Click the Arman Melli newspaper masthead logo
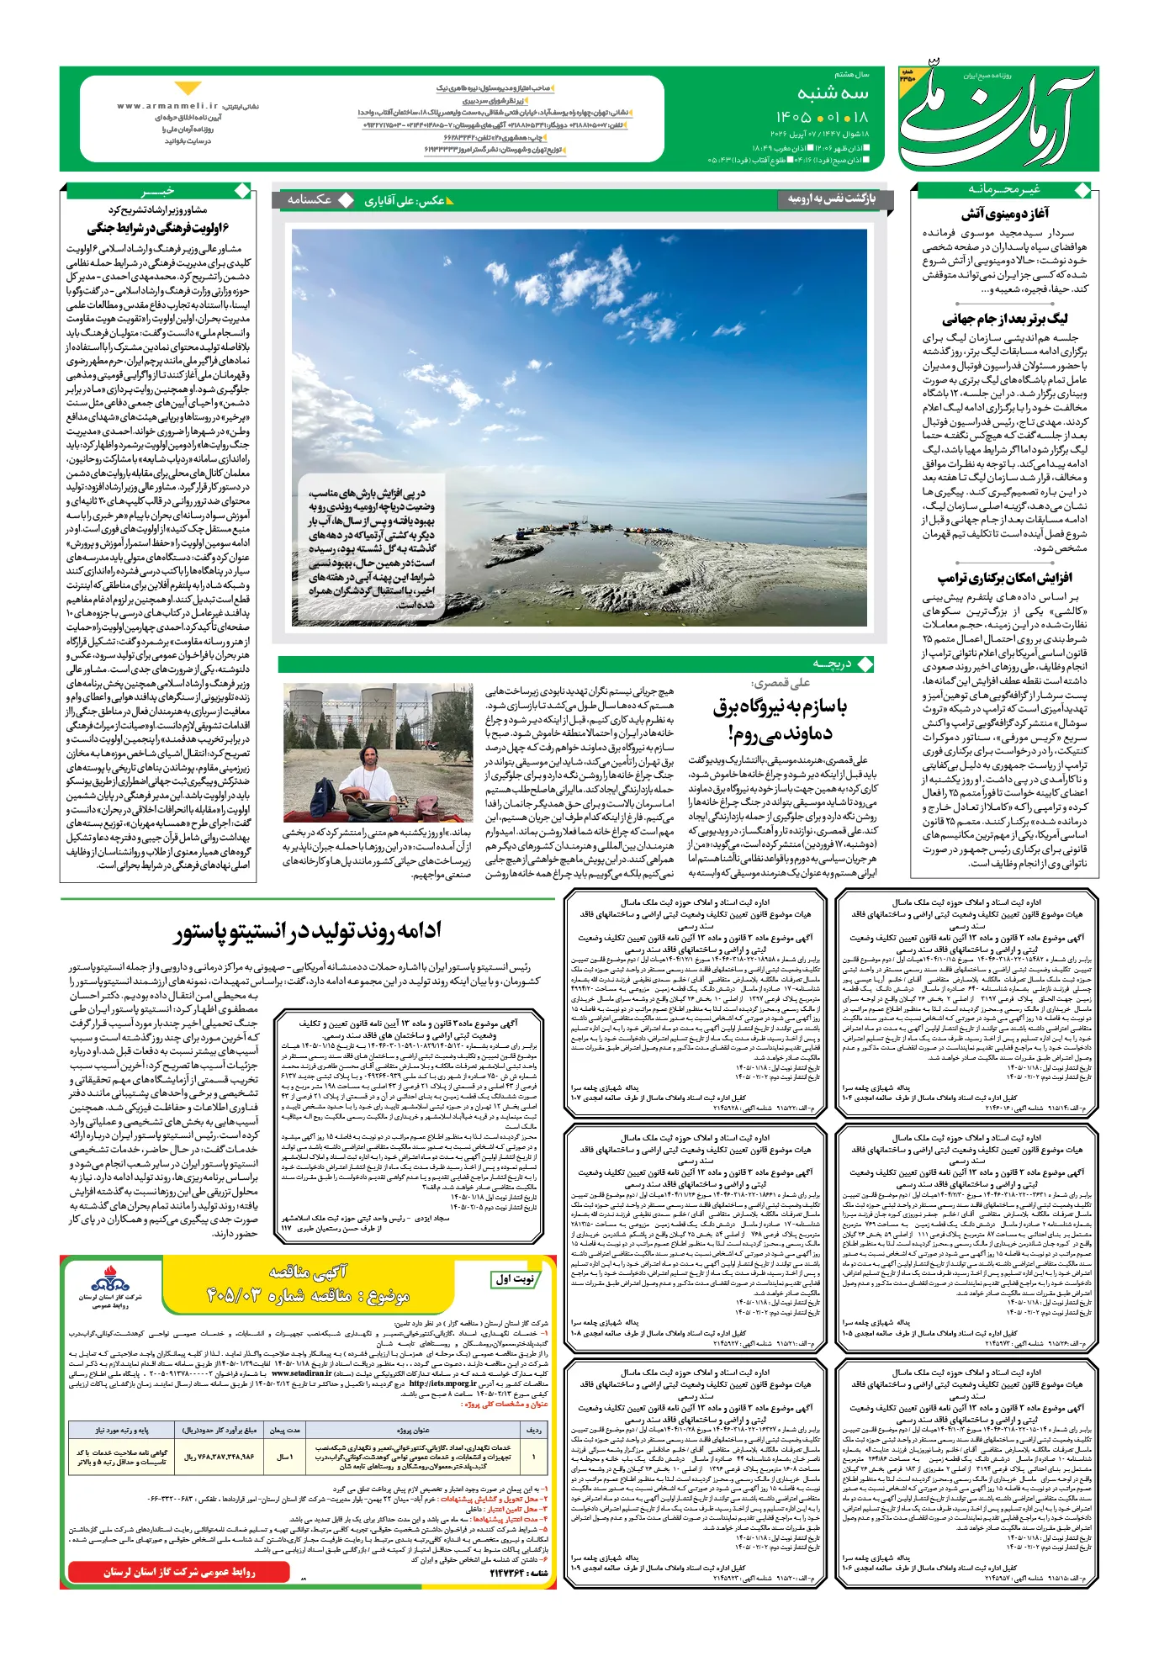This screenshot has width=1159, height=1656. [998, 118]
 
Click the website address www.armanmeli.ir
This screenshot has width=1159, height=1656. [167, 107]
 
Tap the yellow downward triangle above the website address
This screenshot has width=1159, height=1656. [187, 87]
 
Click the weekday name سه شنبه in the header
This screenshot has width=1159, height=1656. [833, 93]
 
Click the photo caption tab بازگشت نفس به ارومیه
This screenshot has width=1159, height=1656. [831, 198]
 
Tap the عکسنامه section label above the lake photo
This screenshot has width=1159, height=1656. [310, 200]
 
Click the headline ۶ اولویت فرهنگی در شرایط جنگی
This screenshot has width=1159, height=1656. [158, 228]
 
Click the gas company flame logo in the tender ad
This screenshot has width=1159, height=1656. [110, 1283]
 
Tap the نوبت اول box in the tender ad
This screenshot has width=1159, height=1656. [515, 1279]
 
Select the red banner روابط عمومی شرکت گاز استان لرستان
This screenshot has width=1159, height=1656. [178, 1571]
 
